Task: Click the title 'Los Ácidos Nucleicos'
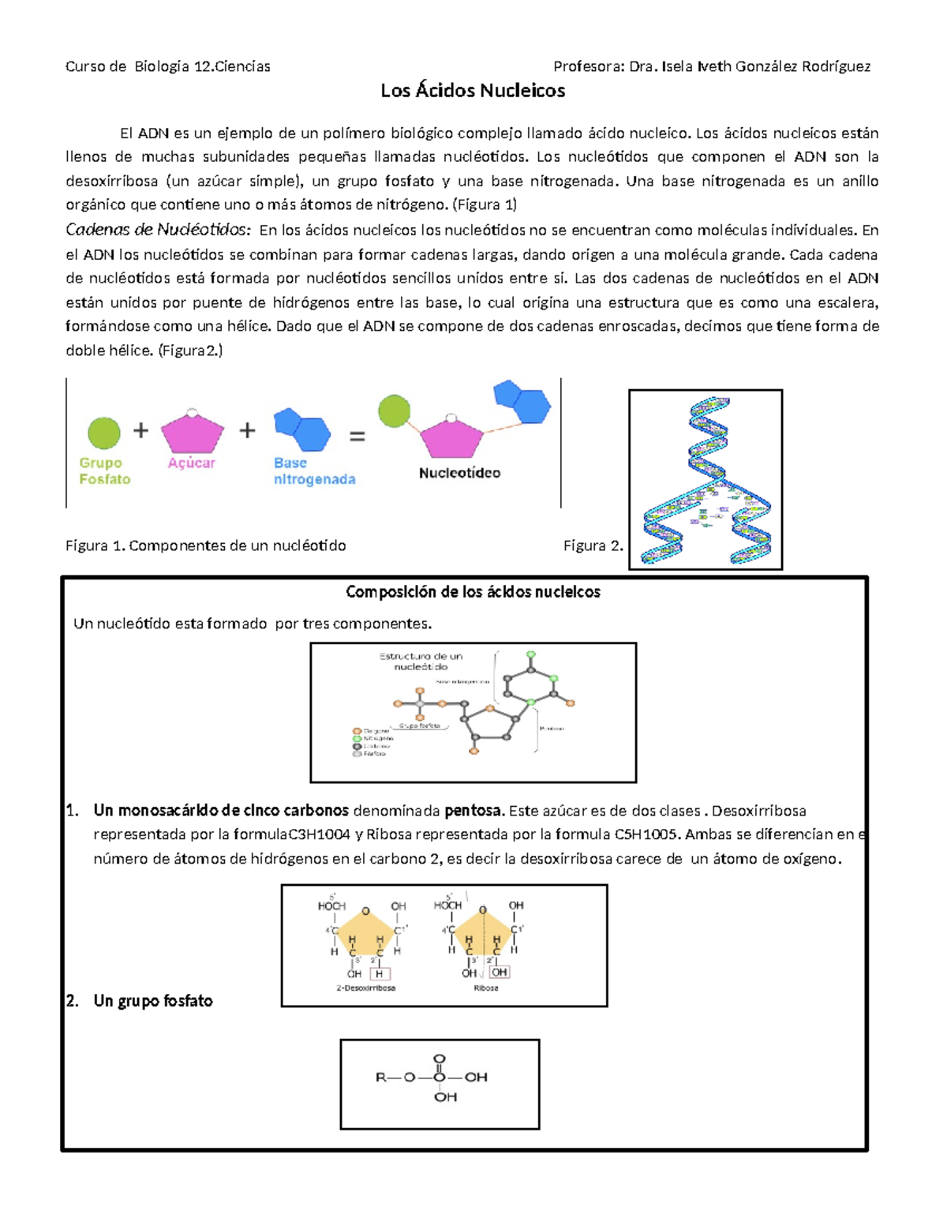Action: point(473,91)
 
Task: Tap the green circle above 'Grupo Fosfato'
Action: point(103,433)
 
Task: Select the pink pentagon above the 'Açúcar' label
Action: point(192,433)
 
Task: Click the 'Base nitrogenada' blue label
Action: point(314,471)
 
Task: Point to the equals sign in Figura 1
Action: point(357,435)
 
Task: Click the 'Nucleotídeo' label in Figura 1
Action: point(459,473)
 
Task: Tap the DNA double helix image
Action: point(705,479)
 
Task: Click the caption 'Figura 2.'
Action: point(593,546)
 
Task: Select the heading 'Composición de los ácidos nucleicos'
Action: point(473,592)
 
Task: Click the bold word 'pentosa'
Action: point(473,811)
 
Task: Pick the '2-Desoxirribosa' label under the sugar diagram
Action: point(366,988)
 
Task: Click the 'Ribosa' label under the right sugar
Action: point(486,988)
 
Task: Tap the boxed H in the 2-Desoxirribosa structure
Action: point(380,973)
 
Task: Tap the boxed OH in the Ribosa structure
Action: point(499,973)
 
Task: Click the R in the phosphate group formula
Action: point(381,1077)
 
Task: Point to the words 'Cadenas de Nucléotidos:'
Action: point(158,231)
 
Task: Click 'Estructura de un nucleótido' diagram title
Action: point(421,661)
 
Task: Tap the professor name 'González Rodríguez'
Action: point(803,66)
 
